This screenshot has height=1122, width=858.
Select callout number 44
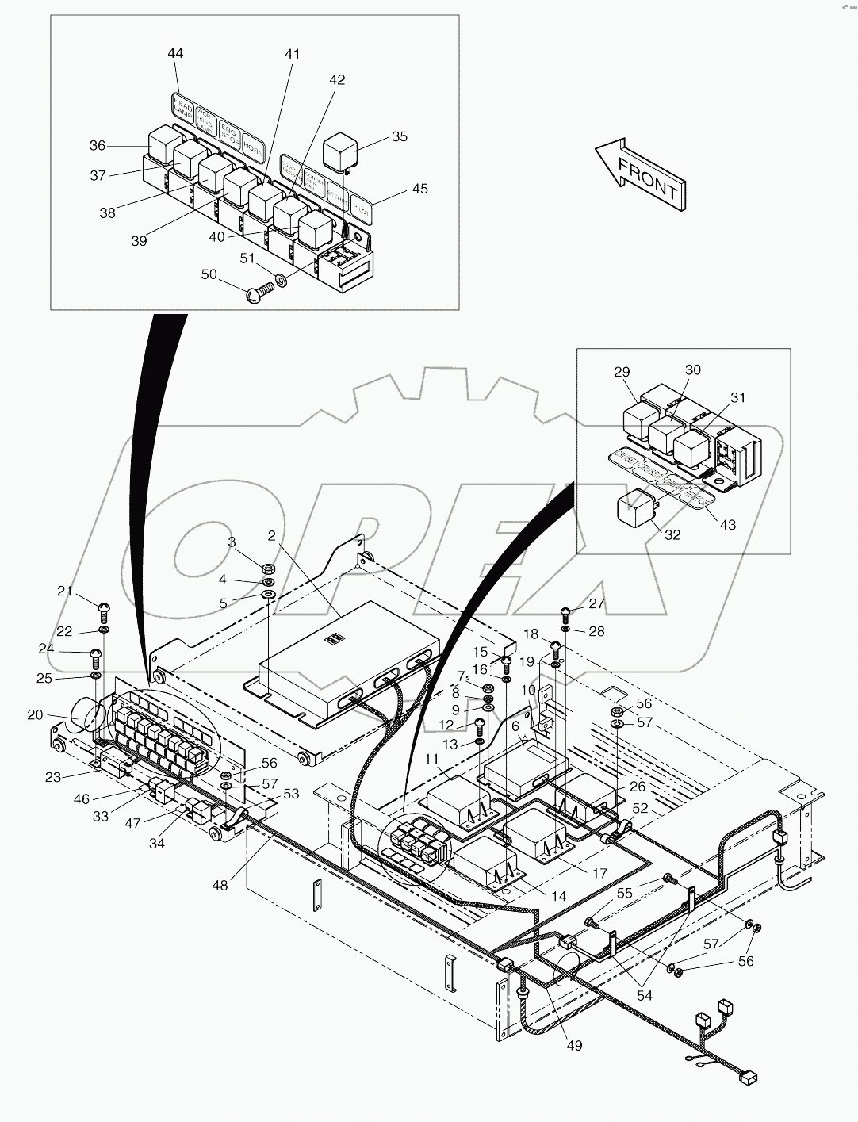[175, 53]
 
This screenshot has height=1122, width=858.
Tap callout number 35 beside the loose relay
[400, 136]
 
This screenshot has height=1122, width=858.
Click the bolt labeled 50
[256, 295]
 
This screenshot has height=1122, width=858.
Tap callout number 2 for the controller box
[271, 536]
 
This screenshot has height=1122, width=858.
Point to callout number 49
[574, 1045]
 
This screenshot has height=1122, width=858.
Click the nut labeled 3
[268, 568]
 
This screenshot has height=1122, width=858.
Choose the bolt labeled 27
[566, 611]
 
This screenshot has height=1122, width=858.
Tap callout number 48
[220, 885]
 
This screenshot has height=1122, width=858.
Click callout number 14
[558, 896]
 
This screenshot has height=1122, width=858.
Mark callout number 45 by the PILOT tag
[419, 189]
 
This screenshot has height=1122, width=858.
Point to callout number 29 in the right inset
[622, 371]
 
